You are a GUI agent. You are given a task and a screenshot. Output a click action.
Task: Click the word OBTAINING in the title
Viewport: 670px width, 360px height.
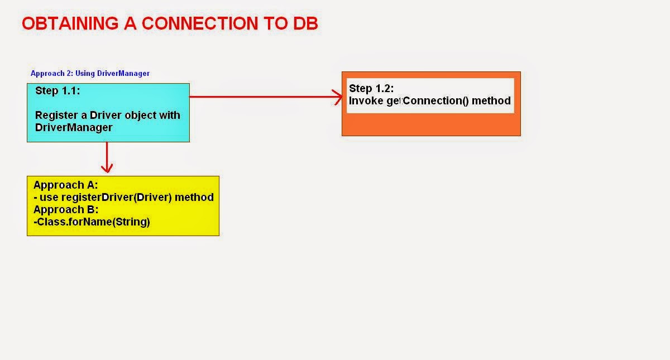(70, 23)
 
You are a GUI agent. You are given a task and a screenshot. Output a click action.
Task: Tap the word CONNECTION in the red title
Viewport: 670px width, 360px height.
(200, 23)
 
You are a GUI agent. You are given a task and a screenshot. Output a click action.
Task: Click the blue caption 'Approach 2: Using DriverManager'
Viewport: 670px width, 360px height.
(90, 73)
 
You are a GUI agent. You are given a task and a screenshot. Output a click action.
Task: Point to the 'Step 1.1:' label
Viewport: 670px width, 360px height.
(58, 90)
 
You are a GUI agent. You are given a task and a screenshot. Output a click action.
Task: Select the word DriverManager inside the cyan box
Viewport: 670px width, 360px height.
(74, 127)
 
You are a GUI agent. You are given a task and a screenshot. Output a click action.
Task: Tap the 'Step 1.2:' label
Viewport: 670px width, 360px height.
(371, 89)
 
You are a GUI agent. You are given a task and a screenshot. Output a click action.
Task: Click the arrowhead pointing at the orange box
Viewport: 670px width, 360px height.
(338, 97)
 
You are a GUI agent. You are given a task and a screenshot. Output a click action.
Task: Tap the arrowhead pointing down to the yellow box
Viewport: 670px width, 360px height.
(107, 169)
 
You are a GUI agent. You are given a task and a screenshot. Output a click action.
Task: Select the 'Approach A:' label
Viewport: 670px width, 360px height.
(66, 185)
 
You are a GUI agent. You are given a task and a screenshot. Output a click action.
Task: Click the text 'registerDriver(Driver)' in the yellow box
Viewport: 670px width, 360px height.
(117, 198)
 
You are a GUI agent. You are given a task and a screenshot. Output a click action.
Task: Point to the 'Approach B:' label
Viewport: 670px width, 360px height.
(66, 210)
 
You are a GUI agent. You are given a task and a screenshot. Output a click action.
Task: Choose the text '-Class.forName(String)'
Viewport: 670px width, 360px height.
(92, 222)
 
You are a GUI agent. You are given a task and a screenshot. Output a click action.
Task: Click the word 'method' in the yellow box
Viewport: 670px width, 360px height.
(194, 198)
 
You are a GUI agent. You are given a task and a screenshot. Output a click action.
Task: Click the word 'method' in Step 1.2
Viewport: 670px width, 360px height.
(491, 101)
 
